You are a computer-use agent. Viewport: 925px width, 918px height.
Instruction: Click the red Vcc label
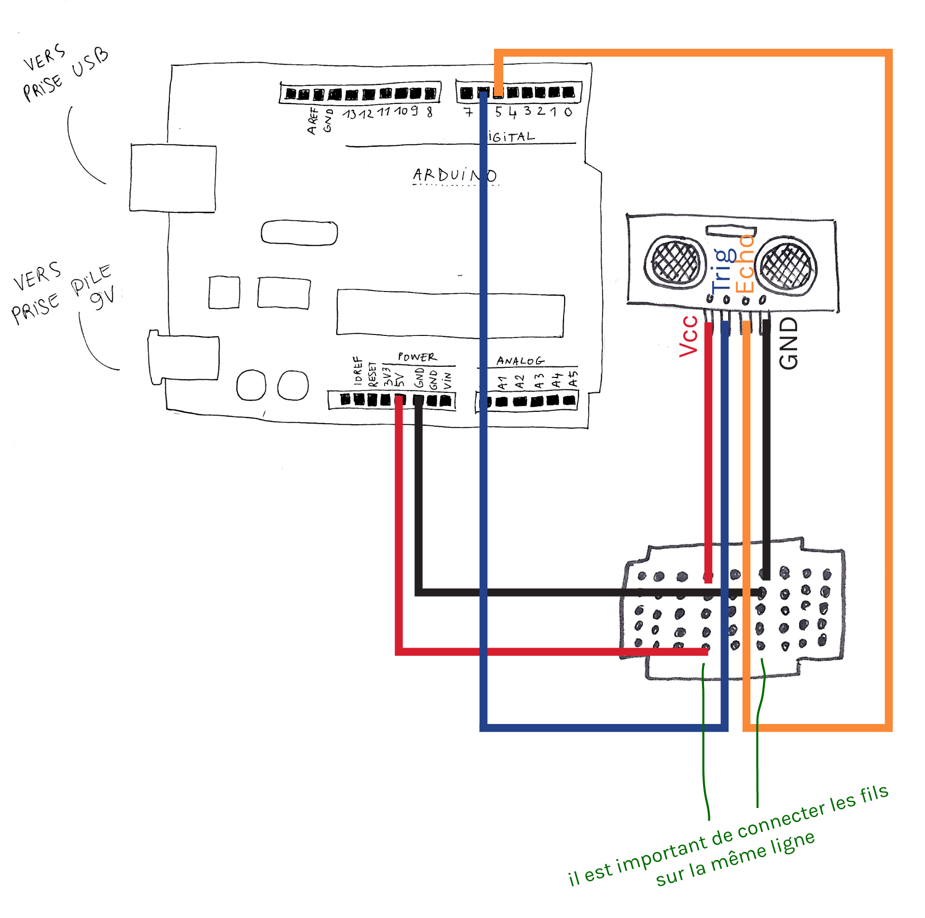coord(689,336)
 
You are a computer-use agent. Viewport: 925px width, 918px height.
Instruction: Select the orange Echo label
coord(745,264)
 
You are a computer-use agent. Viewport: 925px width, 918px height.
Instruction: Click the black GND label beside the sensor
coord(788,343)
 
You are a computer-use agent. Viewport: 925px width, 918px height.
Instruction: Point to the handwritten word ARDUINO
coord(454,175)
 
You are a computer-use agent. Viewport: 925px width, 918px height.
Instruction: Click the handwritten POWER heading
coord(416,357)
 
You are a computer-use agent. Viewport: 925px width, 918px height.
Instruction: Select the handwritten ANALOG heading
coord(520,361)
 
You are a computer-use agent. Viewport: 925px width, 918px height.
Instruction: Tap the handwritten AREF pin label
coord(313,121)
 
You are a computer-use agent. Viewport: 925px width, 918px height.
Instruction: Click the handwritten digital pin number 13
coord(349,114)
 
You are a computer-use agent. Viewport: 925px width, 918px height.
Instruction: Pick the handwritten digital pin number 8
coord(429,112)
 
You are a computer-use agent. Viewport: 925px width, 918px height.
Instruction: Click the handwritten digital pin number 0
coord(568,112)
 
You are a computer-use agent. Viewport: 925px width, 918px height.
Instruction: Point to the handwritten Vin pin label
coord(447,380)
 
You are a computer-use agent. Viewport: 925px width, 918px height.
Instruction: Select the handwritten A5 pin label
coord(572,378)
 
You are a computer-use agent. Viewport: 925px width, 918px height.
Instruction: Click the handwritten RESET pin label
coord(372,375)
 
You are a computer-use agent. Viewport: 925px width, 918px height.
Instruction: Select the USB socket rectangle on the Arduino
coord(173,178)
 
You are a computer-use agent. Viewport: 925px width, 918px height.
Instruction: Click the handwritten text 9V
coord(103,297)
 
